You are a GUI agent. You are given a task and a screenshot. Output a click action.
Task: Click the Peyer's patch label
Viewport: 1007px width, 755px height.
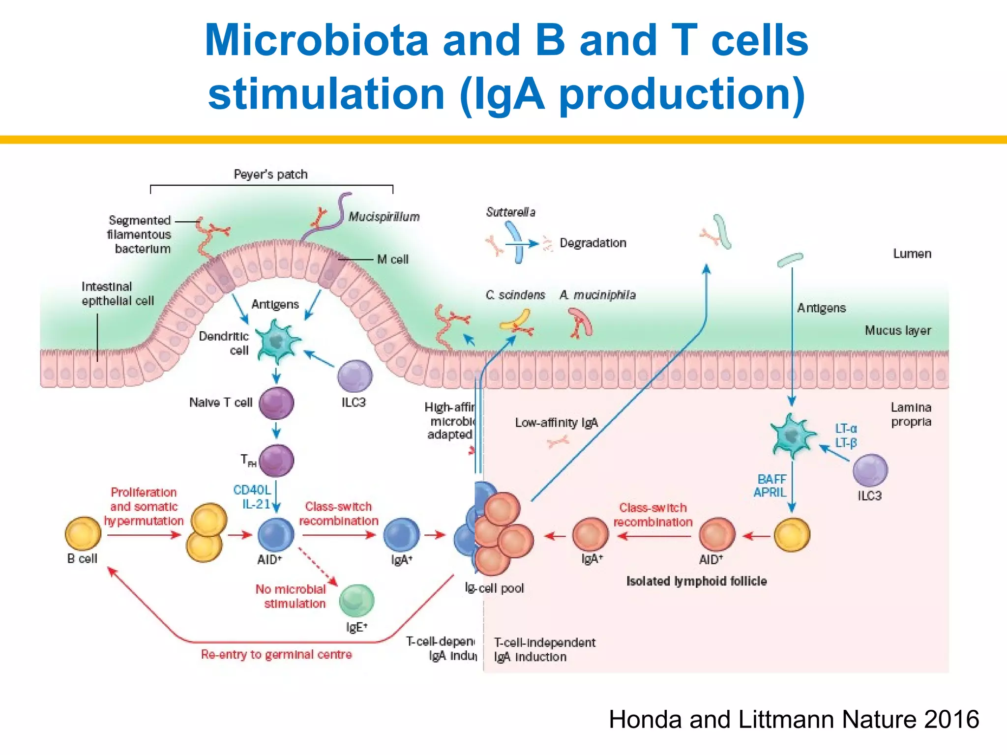pyautogui.click(x=270, y=174)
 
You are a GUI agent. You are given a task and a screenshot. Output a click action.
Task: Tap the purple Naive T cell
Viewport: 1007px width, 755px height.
pyautogui.click(x=276, y=403)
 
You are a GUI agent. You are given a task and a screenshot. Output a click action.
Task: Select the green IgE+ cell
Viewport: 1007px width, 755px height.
pyautogui.click(x=357, y=600)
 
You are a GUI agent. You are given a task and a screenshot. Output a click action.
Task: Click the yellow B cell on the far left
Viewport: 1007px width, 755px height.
pyautogui.click(x=83, y=533)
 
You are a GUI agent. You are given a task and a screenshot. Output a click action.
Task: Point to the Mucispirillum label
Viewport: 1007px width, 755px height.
pyautogui.click(x=384, y=217)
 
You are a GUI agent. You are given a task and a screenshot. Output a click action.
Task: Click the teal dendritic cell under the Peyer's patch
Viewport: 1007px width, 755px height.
pyautogui.click(x=277, y=341)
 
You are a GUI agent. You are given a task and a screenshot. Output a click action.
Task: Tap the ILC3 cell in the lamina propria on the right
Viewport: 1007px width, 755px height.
pyautogui.click(x=870, y=470)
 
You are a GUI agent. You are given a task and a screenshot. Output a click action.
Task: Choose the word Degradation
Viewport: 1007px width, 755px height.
pyautogui.click(x=592, y=243)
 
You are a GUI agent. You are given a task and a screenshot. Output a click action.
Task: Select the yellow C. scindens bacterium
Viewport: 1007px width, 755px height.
pyautogui.click(x=515, y=320)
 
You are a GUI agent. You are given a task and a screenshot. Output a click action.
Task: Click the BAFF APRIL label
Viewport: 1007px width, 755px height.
pyautogui.click(x=770, y=486)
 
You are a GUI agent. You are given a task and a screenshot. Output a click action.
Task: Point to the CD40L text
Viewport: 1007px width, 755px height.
pyautogui.click(x=252, y=490)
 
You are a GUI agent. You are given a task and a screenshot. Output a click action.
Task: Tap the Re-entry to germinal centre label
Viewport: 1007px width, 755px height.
pyautogui.click(x=276, y=654)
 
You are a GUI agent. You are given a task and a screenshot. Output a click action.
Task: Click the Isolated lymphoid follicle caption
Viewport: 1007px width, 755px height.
pyautogui.click(x=696, y=581)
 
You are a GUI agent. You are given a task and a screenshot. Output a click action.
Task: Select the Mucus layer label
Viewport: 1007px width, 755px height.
pyautogui.click(x=897, y=330)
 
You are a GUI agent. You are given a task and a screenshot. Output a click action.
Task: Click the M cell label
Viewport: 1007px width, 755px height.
pyautogui.click(x=392, y=259)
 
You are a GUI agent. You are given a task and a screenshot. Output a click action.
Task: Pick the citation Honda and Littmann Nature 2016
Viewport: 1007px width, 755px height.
pyautogui.click(x=794, y=719)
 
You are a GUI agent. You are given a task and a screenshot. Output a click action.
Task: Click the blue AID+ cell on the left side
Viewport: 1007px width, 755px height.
pyautogui.click(x=276, y=534)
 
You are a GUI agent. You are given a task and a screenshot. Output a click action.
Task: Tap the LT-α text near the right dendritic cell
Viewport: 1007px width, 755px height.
pyautogui.click(x=846, y=429)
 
